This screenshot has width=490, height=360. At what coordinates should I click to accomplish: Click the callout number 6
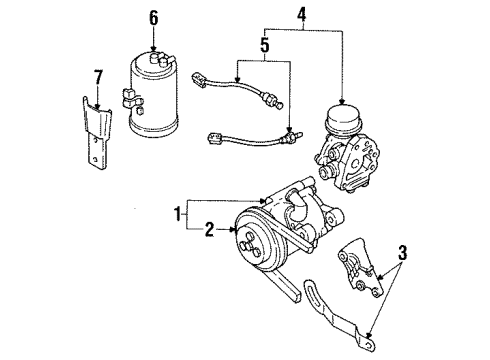click(153, 18)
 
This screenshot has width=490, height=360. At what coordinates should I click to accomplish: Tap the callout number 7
click(98, 77)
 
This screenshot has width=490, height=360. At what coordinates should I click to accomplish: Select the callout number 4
click(302, 14)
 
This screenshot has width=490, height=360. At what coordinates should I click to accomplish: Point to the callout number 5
click(265, 45)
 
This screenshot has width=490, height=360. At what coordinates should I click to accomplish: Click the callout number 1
click(178, 213)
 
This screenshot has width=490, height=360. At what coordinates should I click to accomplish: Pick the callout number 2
click(209, 229)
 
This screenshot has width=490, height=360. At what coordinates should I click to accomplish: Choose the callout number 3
click(403, 253)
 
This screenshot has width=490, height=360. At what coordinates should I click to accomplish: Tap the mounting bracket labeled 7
click(96, 133)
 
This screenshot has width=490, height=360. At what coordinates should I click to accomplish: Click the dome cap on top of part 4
click(343, 117)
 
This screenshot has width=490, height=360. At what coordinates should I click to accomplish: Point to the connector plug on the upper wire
click(198, 80)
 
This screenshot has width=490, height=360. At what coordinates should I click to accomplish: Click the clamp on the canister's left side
click(132, 98)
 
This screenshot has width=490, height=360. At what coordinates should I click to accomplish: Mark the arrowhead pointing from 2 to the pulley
click(232, 229)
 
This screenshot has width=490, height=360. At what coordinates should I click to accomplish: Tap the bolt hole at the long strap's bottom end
click(368, 345)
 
